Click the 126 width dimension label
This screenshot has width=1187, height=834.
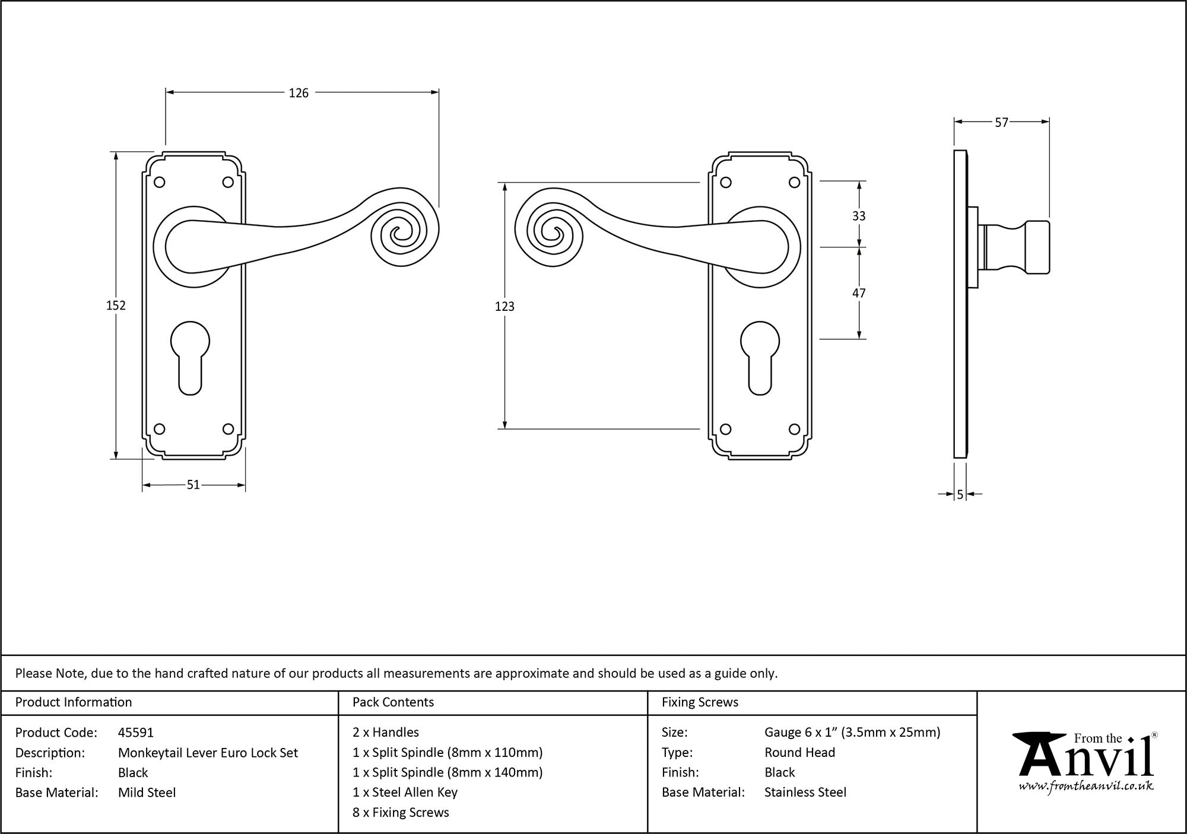pos(299,93)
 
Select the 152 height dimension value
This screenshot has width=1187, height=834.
pos(116,305)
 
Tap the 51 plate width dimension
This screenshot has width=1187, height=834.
pos(193,485)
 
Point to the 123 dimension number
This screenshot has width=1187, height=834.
pos(504,307)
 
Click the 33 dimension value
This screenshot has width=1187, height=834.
pos(859,216)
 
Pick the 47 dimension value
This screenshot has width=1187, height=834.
pos(859,293)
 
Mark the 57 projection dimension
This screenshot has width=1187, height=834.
pos(1001,123)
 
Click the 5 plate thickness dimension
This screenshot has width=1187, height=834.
pos(960,495)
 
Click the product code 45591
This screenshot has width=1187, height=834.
pos(136,733)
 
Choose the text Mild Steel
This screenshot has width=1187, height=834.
pos(147,792)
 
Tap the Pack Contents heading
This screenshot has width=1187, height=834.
pos(393,702)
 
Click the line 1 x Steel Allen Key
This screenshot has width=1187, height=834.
pos(405,792)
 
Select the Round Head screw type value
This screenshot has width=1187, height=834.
pos(799,753)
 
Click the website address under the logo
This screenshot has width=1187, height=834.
pos(1086,787)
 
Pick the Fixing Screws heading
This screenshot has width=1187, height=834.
pos(700,702)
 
